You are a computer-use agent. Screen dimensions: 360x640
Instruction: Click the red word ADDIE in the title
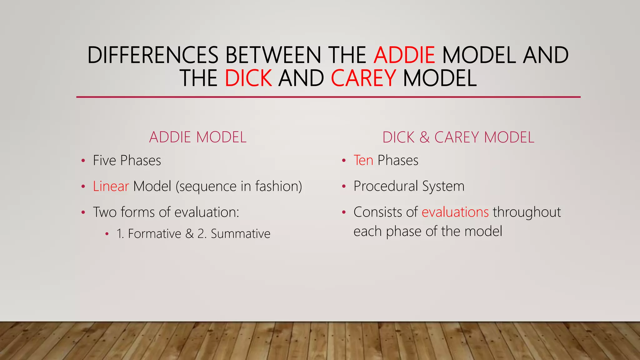[404, 55]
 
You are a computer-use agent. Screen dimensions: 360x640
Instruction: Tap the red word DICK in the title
[248, 78]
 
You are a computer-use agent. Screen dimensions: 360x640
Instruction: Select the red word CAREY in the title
[363, 78]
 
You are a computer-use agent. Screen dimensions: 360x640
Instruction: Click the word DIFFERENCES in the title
[153, 55]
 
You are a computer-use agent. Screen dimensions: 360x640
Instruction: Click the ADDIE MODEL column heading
[198, 137]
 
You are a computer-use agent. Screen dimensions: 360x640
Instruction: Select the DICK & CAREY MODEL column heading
[458, 137]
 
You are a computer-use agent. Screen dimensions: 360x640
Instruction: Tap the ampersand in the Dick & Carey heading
[425, 137]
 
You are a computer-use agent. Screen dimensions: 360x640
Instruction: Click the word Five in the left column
[104, 161]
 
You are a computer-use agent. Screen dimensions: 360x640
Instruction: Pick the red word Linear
[111, 186]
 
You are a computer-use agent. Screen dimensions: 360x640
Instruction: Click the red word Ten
[363, 161]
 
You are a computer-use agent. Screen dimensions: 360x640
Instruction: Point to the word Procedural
[386, 186]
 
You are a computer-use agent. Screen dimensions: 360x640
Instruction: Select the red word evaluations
[455, 212]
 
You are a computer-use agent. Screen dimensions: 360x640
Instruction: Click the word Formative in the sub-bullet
[154, 234]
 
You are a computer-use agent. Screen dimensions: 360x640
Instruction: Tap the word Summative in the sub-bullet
[240, 234]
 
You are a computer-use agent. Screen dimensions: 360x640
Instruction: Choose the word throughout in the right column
[527, 212]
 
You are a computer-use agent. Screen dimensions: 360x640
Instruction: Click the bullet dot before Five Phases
[83, 161]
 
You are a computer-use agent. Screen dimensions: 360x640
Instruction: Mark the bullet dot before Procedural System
[344, 187]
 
